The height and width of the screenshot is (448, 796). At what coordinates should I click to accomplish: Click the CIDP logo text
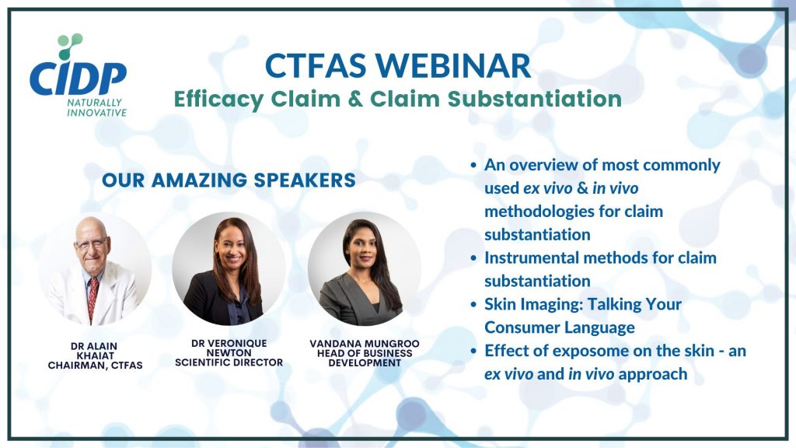78,79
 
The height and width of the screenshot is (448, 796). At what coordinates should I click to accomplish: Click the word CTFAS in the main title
316,66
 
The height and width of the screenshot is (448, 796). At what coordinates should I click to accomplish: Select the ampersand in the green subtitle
355,99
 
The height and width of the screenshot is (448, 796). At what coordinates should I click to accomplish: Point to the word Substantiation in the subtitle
535,99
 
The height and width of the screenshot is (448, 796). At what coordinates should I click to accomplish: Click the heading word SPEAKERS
305,180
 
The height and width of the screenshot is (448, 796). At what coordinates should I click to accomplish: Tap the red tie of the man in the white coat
93,299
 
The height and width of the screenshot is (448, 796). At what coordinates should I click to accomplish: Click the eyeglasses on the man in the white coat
92,243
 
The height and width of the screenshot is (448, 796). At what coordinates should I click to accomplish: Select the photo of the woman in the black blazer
229,268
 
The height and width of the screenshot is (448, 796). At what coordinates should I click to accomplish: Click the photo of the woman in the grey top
365,268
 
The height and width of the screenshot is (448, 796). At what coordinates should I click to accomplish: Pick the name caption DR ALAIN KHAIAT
94,351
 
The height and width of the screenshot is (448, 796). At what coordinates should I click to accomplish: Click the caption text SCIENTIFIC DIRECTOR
229,362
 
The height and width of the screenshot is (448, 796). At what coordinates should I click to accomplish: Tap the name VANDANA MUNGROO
365,344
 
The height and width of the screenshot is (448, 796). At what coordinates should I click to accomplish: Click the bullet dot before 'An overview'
473,165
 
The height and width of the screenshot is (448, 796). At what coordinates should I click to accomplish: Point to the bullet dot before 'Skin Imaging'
473,305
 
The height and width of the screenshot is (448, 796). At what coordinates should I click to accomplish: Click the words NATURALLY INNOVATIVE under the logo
97,107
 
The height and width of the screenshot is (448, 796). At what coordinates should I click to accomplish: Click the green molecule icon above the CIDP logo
70,46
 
